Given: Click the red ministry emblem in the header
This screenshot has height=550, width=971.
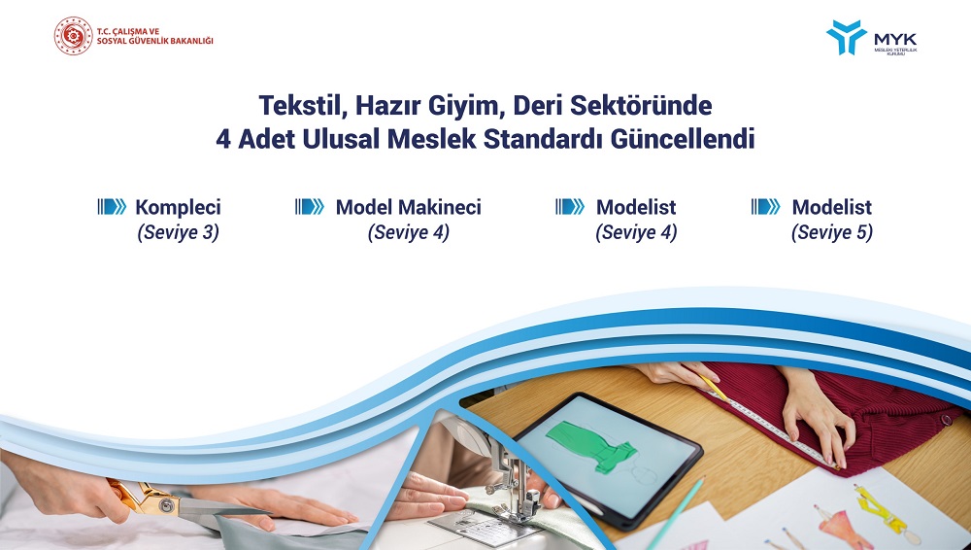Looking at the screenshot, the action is click(73, 36).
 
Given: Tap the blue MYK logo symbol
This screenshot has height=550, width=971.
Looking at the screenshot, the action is click(846, 37).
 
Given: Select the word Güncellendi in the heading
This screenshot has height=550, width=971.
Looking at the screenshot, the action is click(683, 139).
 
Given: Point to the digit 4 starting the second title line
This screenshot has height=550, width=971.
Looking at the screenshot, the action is click(223, 140).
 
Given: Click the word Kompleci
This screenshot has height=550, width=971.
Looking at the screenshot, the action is click(178, 207).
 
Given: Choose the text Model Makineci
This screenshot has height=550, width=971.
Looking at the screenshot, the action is click(408, 207).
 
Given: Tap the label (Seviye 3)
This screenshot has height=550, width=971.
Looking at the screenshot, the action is click(179, 232).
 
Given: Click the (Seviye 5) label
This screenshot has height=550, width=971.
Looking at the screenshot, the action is click(832, 232).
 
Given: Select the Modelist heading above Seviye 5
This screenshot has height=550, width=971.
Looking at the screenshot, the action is click(832, 207).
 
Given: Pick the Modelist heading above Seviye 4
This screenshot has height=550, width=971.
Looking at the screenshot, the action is click(636, 207).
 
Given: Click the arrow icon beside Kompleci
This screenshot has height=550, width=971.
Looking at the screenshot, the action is click(112, 206).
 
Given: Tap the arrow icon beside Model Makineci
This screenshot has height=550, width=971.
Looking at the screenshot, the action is click(310, 206).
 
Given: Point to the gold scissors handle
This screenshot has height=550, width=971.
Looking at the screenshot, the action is click(139, 496).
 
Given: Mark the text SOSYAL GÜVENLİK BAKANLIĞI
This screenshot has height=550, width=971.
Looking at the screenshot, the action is click(154, 41).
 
